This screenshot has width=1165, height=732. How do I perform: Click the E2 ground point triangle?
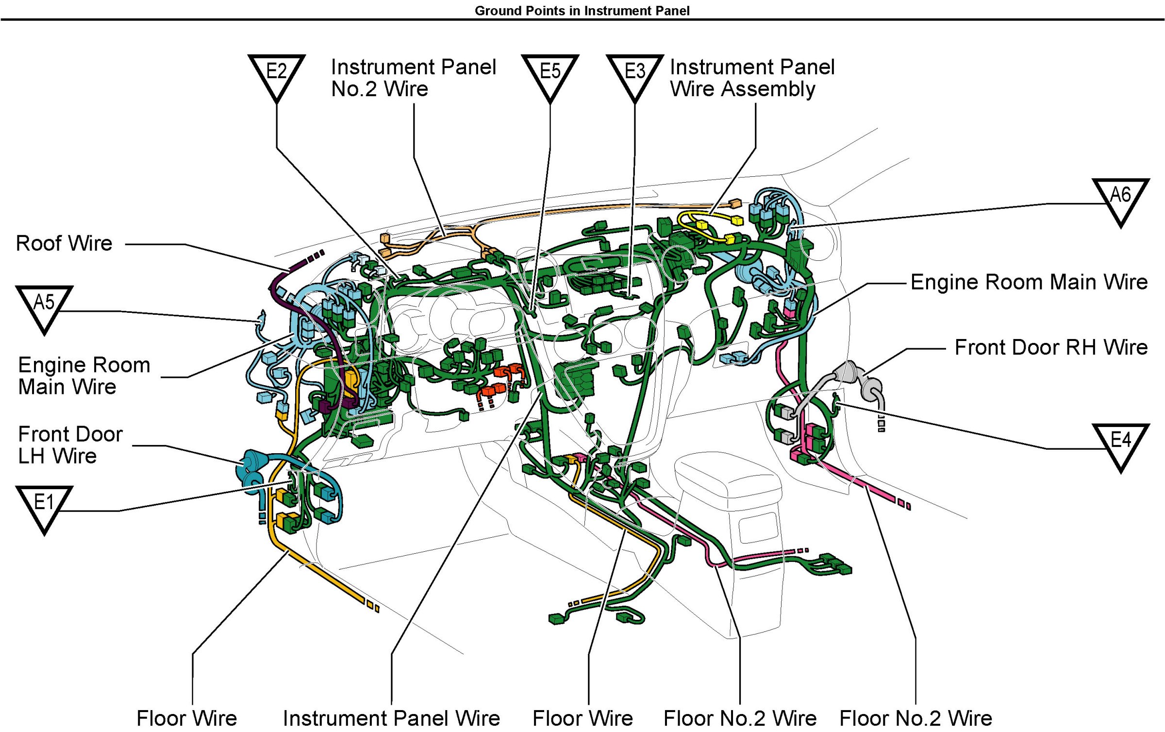[276, 73]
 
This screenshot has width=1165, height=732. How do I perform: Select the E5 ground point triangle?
[550, 73]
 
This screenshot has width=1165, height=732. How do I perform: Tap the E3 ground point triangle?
[634, 73]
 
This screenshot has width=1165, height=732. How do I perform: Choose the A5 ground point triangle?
[44, 305]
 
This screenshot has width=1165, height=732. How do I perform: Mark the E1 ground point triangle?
[44, 505]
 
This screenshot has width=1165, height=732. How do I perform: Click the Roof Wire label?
[64, 243]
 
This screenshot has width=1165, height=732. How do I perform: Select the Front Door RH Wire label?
[1051, 348]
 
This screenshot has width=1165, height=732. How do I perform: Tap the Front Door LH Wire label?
[70, 445]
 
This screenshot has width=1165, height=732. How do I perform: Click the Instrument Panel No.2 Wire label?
[413, 78]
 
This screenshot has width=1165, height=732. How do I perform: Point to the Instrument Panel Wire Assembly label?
[752, 78]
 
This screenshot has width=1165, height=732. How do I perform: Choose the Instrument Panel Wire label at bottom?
[391, 718]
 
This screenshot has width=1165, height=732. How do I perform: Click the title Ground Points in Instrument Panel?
[582, 11]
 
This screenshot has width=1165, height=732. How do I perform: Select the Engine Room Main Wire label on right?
[1029, 282]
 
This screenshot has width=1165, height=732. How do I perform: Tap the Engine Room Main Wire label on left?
[84, 376]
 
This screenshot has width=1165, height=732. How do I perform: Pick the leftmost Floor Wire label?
[187, 718]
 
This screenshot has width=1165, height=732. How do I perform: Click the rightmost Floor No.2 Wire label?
[915, 718]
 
